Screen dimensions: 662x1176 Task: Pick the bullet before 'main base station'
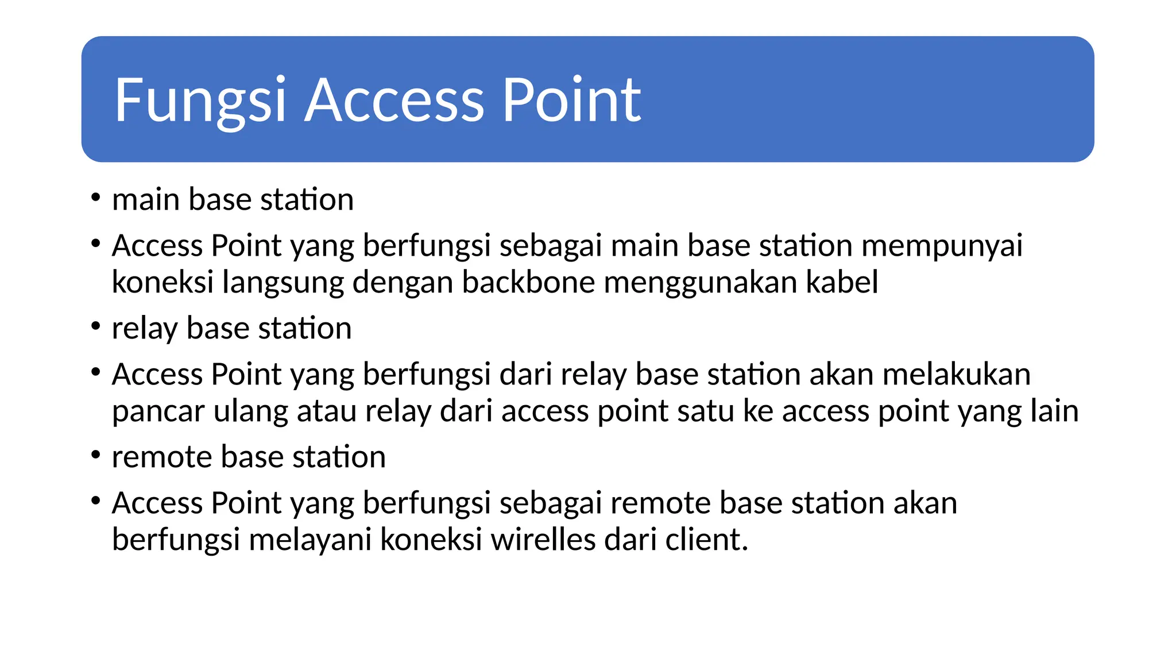[x=96, y=198]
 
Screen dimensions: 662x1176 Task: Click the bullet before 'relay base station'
[x=96, y=327]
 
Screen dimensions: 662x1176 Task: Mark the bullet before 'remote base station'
[x=96, y=456]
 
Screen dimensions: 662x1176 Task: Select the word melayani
[x=310, y=540]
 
